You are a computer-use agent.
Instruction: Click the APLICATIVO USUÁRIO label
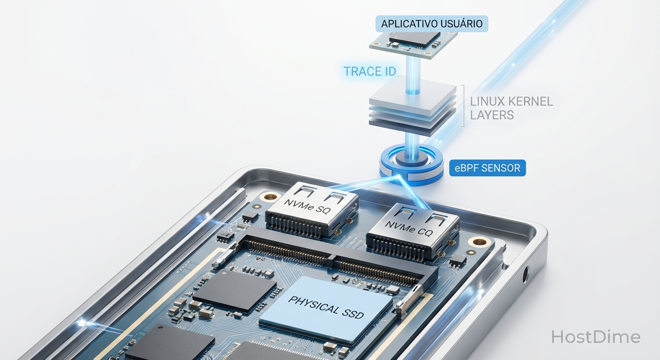pos(432,23)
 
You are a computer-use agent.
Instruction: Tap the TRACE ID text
pos(370,72)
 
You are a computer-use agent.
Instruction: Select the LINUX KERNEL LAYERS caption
pos(511,108)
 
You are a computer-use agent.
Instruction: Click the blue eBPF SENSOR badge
pos(487,168)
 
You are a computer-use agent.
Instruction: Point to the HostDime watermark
pos(595,337)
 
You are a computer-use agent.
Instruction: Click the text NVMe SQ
pos(307,206)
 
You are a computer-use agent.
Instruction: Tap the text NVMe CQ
pos(409,229)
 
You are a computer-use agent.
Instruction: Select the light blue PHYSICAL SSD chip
pos(326,310)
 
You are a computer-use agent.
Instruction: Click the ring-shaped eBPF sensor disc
pos(412,165)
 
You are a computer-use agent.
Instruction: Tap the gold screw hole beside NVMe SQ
pos(270,196)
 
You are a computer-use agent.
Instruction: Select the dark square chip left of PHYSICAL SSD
pos(234,291)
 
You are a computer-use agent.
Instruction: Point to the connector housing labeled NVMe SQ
pos(312,210)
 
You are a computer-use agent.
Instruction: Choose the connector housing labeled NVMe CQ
pos(412,232)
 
